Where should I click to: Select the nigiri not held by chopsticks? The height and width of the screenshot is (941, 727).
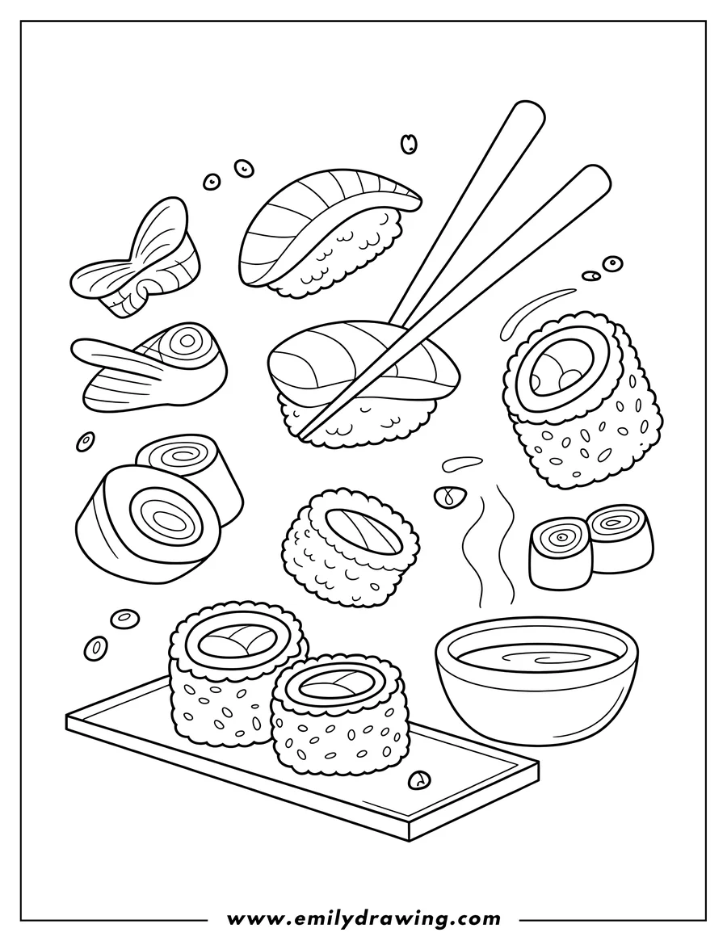click(327, 234)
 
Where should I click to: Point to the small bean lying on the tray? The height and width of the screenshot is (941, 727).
click(418, 779)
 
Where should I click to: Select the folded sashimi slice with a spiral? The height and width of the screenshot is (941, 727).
click(153, 368)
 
